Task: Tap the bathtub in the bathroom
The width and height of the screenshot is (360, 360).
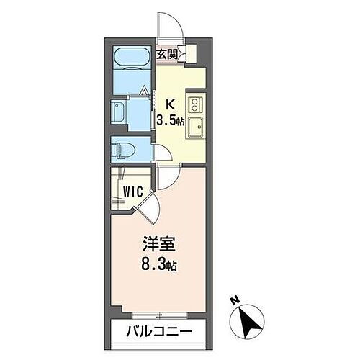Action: [131, 59]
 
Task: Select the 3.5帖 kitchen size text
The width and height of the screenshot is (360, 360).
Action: [171, 120]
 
